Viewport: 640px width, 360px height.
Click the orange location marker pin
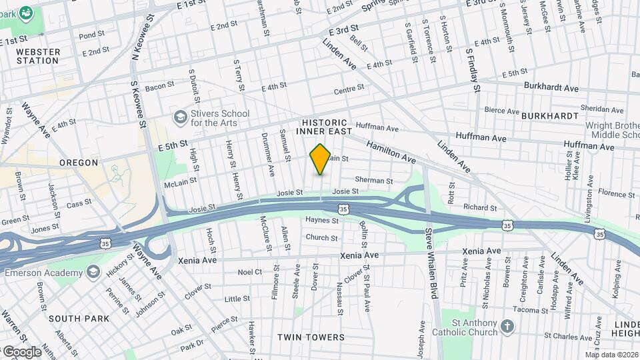pyautogui.click(x=320, y=159)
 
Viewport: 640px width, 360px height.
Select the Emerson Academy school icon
pyautogui.click(x=93, y=271)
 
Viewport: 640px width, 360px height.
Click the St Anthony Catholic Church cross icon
pyautogui.click(x=508, y=327)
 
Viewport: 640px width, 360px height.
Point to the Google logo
pyautogui.click(x=22, y=351)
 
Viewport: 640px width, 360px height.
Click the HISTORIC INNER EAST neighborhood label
pyautogui.click(x=325, y=127)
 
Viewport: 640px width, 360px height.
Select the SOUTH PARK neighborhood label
pyautogui.click(x=79, y=319)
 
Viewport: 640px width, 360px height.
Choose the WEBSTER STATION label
pyautogui.click(x=37, y=56)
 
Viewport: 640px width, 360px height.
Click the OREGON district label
pyautogui.click(x=79, y=162)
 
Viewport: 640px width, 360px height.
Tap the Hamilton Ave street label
pyautogui.click(x=391, y=152)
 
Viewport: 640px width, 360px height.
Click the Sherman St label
pyautogui.click(x=373, y=180)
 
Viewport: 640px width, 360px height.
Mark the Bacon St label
pyautogui.click(x=159, y=85)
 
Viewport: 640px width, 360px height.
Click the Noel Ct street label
pyautogui.click(x=250, y=272)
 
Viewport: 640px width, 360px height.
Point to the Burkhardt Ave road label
pyautogui.click(x=551, y=87)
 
